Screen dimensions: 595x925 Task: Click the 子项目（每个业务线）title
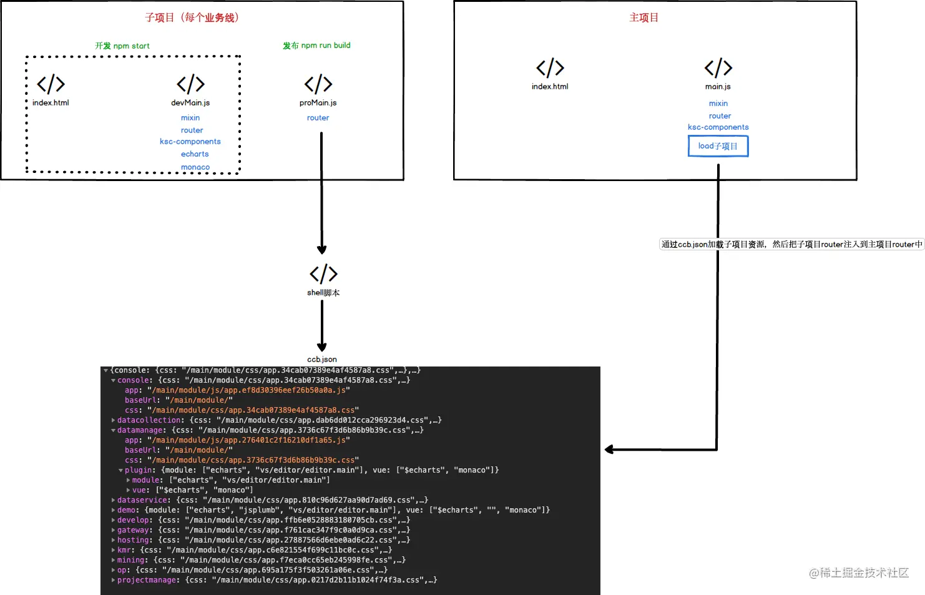192,17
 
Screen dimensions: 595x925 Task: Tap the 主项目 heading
644,17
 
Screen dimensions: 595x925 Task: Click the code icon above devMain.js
190,84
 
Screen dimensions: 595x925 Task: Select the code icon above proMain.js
318,84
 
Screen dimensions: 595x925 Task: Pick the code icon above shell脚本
323,273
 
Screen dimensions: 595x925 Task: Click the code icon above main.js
718,67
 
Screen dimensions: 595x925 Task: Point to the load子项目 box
718,146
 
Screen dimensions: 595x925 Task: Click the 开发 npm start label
122,46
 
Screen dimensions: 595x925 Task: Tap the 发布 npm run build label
316,46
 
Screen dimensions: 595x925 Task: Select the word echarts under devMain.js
195,154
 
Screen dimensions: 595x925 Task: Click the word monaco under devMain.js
195,167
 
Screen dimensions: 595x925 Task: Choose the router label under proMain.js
318,118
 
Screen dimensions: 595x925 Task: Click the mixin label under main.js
718,104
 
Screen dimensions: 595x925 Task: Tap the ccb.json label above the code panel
322,360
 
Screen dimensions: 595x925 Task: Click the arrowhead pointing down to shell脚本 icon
322,250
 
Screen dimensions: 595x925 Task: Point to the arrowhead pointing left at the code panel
609,450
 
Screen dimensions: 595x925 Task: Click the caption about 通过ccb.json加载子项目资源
791,245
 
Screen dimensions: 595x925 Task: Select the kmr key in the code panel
125,550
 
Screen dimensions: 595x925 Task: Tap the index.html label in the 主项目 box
550,87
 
